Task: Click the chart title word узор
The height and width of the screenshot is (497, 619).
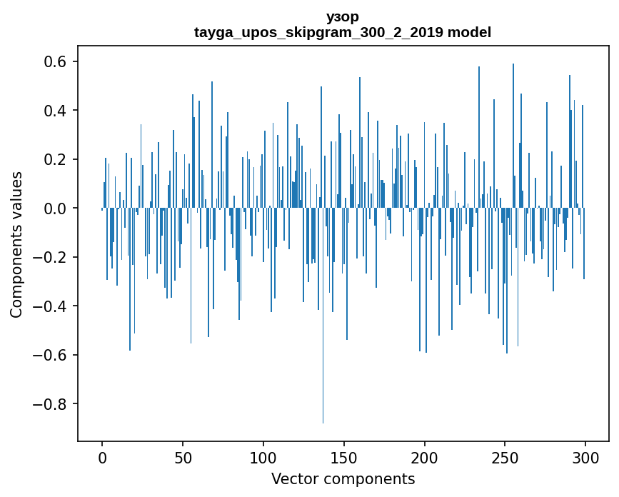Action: point(343,17)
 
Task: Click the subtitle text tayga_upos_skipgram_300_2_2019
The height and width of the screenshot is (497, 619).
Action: point(318,32)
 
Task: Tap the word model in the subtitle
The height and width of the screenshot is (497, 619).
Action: point(469,32)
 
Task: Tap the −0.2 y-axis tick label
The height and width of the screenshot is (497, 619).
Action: point(49,257)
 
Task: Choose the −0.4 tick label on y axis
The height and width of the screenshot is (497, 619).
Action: point(49,306)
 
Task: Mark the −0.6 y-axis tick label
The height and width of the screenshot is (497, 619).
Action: point(49,356)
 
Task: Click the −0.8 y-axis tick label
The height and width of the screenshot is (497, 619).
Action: point(49,404)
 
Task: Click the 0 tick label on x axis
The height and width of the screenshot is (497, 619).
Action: point(102,458)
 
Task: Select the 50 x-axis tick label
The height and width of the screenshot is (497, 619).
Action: point(183,458)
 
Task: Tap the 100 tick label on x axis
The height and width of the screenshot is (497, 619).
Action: point(263,458)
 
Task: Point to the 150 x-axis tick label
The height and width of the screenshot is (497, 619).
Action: point(344,458)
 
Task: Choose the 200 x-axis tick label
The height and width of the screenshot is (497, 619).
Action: point(424,458)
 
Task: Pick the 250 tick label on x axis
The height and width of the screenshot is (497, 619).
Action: point(505,458)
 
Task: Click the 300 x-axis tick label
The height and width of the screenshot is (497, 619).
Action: point(585,458)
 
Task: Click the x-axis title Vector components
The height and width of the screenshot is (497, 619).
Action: point(343,479)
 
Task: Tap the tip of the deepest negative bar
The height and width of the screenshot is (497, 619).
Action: point(323,423)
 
